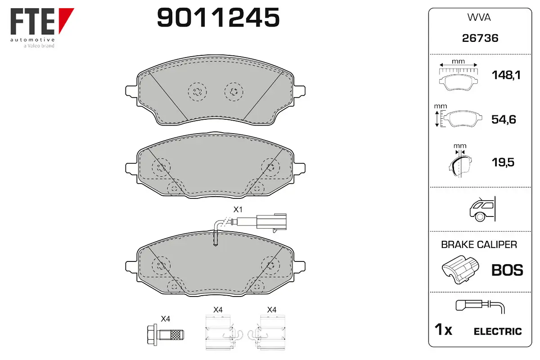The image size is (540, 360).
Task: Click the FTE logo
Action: [42, 28]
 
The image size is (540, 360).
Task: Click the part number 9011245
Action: [218, 18]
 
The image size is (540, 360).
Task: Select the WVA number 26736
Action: [480, 38]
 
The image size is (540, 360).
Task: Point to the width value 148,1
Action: [506, 75]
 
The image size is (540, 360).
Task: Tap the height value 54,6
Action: [504, 119]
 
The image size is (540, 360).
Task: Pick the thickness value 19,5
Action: [503, 162]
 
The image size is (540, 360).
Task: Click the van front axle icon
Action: [482, 209]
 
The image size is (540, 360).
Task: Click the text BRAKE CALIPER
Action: [479, 244]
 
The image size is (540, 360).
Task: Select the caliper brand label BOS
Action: [507, 270]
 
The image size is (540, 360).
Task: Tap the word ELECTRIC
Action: [498, 331]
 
